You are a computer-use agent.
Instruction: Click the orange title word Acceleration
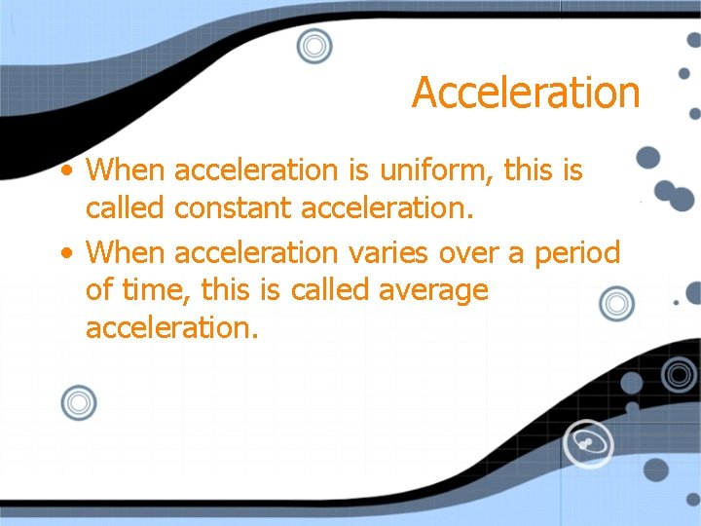click(526, 93)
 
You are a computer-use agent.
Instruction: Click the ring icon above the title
click(314, 45)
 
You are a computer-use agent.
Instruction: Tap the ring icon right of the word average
click(615, 305)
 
